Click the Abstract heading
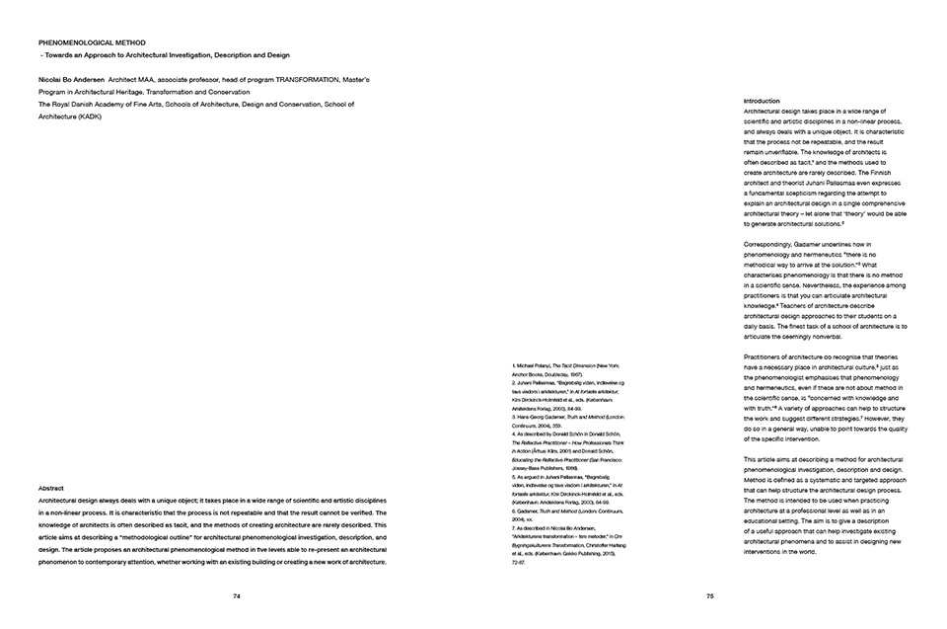click(x=51, y=489)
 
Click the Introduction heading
click(x=762, y=100)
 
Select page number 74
click(x=237, y=595)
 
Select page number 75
click(x=710, y=595)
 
